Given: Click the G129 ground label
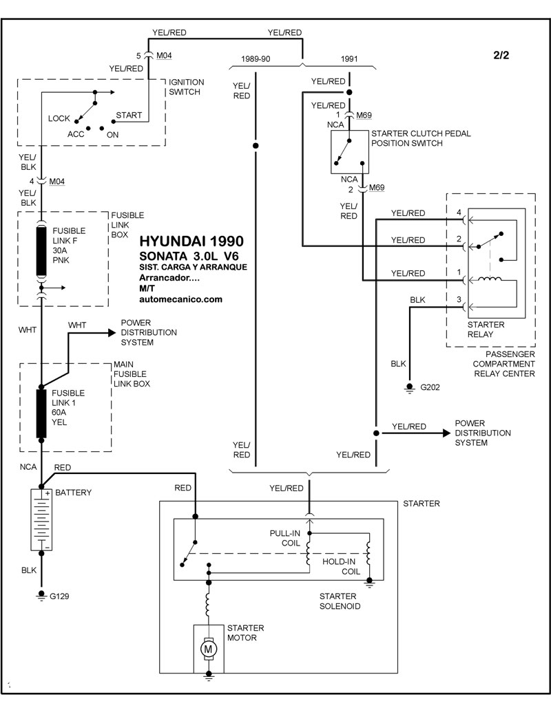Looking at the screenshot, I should click(59, 596).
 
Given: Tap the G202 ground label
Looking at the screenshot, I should click(431, 387).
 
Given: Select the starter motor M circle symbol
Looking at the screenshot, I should click(207, 647).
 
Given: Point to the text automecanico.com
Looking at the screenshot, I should click(180, 299).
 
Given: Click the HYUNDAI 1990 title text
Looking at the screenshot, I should click(191, 242).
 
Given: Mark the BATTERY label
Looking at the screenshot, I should click(73, 493).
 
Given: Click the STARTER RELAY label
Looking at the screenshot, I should click(486, 330).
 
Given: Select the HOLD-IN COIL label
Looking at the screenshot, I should click(342, 566).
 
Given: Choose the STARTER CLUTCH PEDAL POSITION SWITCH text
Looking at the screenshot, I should click(421, 138).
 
